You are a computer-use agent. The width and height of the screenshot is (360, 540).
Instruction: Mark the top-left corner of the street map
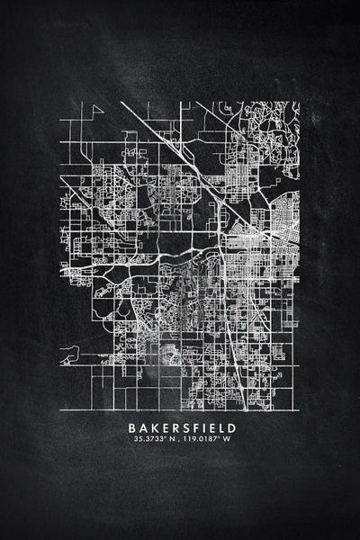coord(60,102)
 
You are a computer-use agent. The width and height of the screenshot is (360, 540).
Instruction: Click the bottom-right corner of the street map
coord(299,410)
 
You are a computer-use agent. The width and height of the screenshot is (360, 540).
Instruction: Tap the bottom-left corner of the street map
coord(60,410)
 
